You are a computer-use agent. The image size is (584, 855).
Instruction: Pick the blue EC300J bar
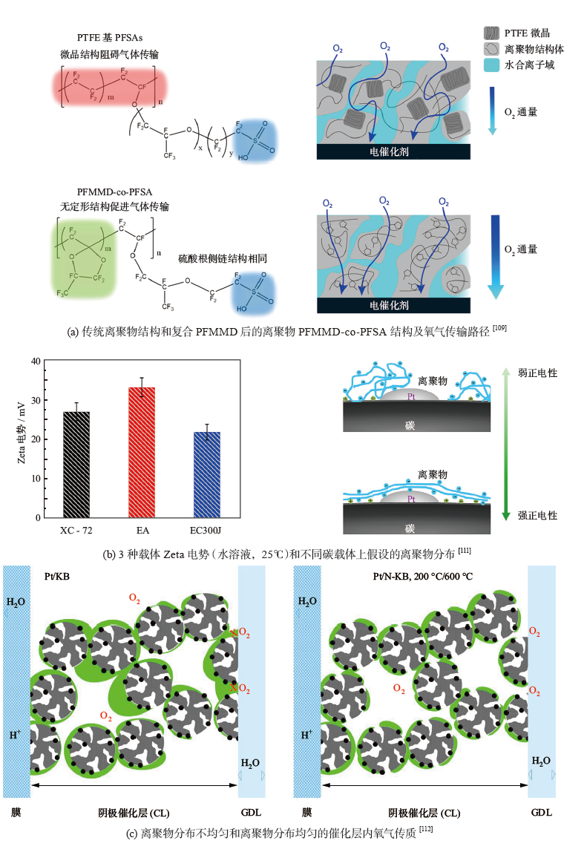(x=207, y=474)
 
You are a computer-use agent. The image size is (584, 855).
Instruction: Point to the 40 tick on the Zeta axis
(x=34, y=361)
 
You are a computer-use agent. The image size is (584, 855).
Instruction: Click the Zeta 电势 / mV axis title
(x=22, y=439)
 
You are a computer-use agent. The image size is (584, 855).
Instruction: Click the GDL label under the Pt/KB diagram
(x=251, y=812)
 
